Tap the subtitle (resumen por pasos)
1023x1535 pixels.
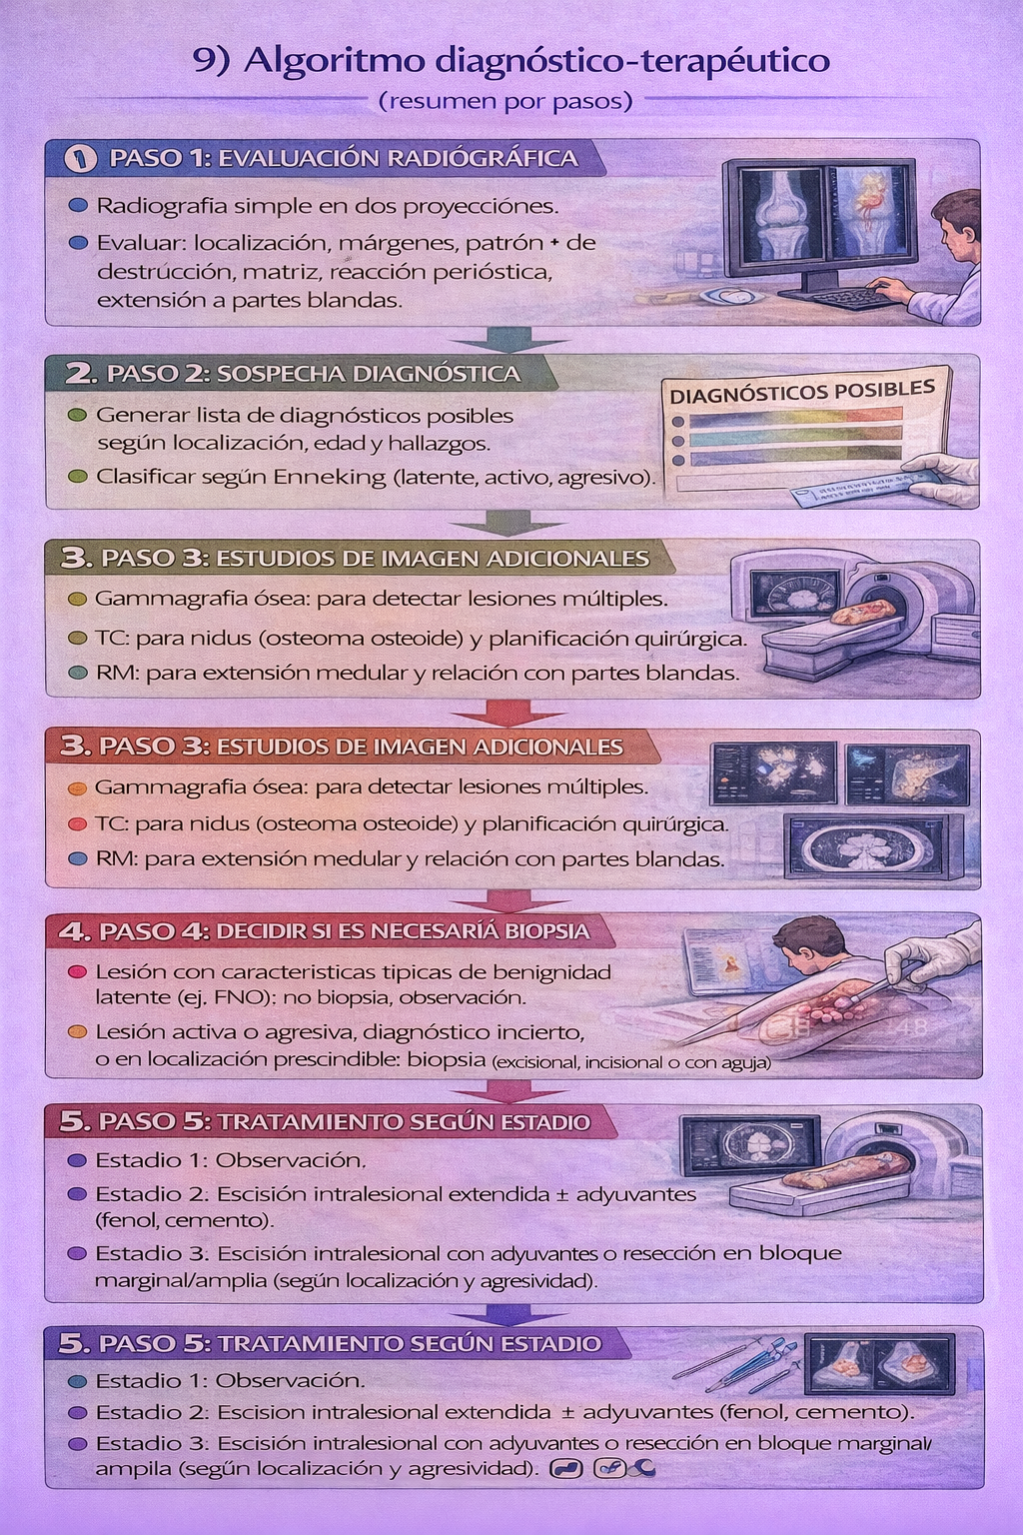point(506,101)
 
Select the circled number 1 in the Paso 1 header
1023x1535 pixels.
point(80,158)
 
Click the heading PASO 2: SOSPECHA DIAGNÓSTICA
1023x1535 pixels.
point(313,374)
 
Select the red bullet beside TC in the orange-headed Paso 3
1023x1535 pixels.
point(77,824)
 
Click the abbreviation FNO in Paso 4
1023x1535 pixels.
point(235,997)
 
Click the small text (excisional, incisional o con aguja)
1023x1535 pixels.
point(630,1062)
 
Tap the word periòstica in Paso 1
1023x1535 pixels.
point(499,272)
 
